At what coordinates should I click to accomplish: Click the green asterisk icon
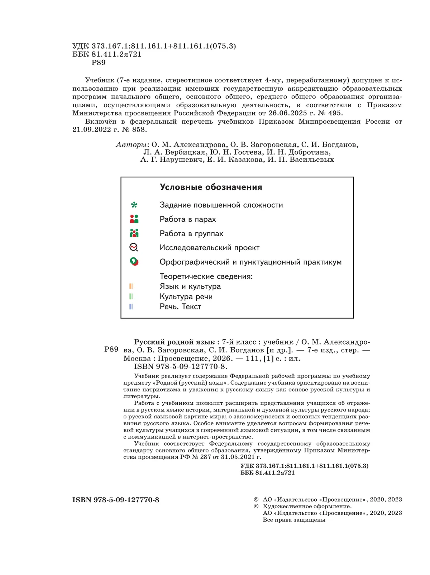coord(134,205)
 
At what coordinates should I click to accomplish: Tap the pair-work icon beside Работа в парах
coord(134,219)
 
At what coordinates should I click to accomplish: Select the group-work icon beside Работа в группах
coord(134,233)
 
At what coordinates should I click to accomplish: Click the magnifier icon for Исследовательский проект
coord(134,247)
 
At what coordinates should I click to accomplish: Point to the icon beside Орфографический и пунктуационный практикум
coord(134,262)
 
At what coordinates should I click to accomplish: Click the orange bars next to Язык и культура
coord(132,286)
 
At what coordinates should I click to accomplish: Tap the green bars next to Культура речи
coord(132,296)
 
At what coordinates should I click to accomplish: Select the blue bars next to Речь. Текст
coord(132,306)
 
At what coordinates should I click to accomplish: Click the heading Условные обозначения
coord(211,187)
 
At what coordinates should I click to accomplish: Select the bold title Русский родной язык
coord(174,342)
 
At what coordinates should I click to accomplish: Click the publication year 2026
coord(221,358)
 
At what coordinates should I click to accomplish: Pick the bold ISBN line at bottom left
coord(116,500)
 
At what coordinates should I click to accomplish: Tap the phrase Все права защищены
coord(294,520)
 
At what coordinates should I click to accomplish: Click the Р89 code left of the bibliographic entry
coord(111,349)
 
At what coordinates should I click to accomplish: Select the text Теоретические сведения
coord(206,276)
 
